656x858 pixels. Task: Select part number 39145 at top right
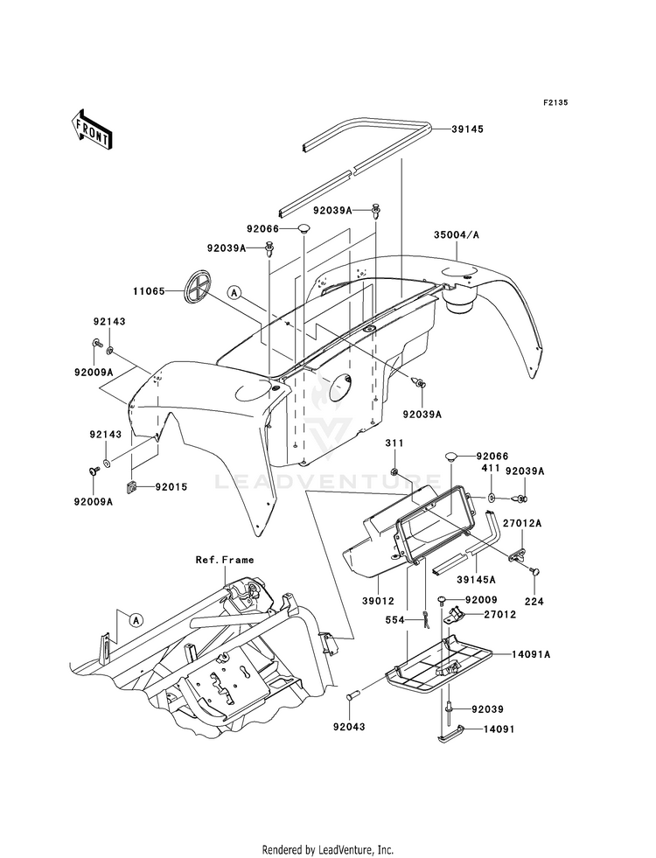click(x=468, y=129)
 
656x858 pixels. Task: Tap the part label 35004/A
click(x=457, y=234)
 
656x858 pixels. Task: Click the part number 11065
click(x=149, y=291)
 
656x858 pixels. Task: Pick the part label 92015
click(x=171, y=486)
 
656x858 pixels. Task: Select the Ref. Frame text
click(x=225, y=560)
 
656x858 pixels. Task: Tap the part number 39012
click(x=378, y=601)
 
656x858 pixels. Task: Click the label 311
click(x=394, y=443)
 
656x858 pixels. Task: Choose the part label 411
click(x=491, y=469)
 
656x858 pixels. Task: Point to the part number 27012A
click(x=523, y=523)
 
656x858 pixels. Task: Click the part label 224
click(x=534, y=602)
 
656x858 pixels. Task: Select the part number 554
click(x=394, y=620)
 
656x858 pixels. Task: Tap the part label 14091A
click(x=531, y=653)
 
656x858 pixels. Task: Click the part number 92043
click(x=349, y=727)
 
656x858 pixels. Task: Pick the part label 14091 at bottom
click(x=499, y=729)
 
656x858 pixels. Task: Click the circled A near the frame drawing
click(x=136, y=620)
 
